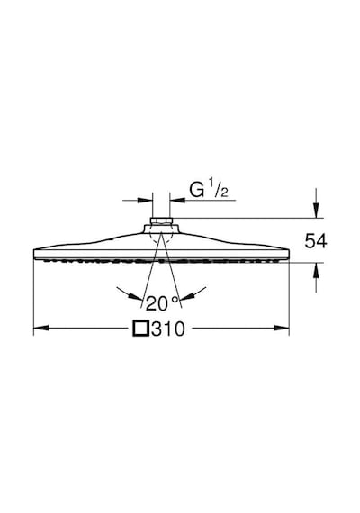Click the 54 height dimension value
[x=316, y=241]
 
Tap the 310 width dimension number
[x=168, y=328]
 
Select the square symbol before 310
[x=141, y=328]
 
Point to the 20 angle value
[x=157, y=303]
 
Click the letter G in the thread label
[x=197, y=190]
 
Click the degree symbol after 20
[x=175, y=299]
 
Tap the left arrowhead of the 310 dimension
[x=41, y=328]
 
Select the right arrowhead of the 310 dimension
[x=282, y=328]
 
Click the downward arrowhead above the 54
[x=316, y=210]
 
